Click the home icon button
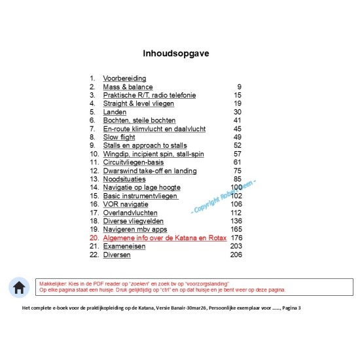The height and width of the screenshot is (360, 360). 19,287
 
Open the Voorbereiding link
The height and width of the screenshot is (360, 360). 124,79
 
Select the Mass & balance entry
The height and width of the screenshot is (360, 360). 128,87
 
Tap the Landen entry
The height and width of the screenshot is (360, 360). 115,112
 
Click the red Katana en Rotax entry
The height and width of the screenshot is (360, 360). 164,238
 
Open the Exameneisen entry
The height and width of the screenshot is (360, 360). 124,246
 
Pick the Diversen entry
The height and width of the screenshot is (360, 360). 117,255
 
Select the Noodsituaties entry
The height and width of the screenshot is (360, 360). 124,179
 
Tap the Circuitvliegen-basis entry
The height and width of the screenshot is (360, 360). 134,162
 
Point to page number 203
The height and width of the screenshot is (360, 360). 236,246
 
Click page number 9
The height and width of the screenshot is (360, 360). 240,87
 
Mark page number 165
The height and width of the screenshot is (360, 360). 236,230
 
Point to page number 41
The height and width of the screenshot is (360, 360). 238,120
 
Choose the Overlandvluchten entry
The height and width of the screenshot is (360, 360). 130,213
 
